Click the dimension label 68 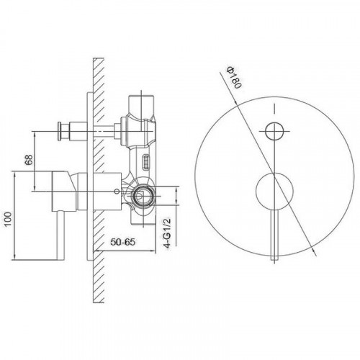tap(29, 160)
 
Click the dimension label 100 tap(8, 219)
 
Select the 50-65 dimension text tap(123, 242)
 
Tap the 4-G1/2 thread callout tap(167, 233)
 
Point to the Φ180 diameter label tap(233, 78)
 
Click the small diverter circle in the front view tap(274, 131)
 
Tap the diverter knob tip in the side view tap(59, 131)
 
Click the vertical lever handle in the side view tap(60, 235)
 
